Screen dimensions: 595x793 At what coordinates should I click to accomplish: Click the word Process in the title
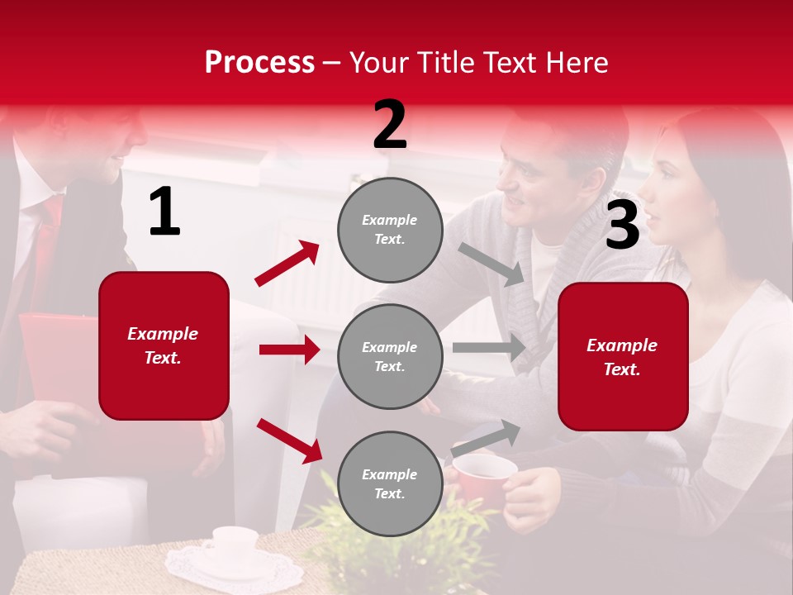point(259,63)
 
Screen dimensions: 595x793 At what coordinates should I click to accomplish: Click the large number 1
point(164,212)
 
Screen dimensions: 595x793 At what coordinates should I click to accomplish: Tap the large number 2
point(390,125)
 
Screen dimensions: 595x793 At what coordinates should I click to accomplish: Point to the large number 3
point(622,226)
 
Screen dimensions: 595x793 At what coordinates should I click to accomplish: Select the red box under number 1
point(164,345)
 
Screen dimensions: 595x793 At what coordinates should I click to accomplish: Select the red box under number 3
point(623,356)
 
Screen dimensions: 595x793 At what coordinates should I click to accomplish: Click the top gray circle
point(390,230)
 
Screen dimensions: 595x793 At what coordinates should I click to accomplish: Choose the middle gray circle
point(390,356)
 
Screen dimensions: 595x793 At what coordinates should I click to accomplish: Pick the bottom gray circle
point(390,483)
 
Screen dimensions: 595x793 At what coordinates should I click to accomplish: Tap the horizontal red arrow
point(289,350)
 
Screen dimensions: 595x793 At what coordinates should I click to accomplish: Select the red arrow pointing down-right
point(289,440)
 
